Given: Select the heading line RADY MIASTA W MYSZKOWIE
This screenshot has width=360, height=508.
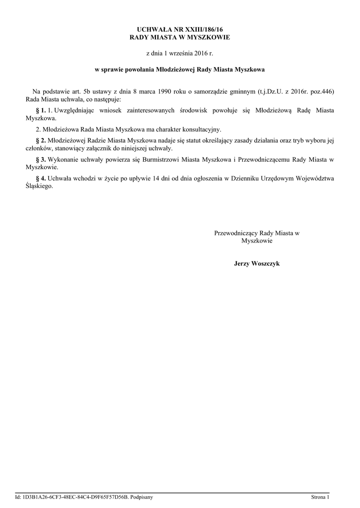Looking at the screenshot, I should pyautogui.click(x=180, y=38).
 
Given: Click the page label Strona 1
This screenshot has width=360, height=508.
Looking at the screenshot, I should pyautogui.click(x=320, y=497).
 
